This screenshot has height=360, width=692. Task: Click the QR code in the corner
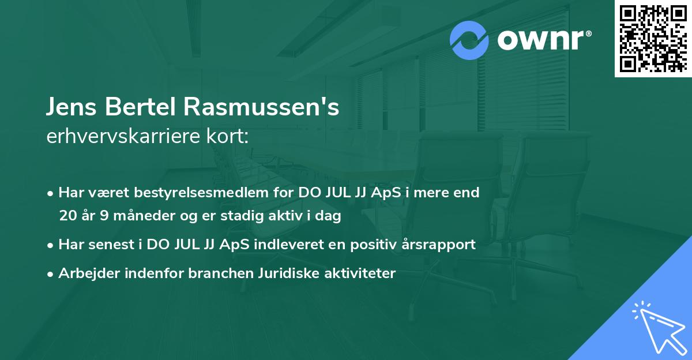[x=653, y=39]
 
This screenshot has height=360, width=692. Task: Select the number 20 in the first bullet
[x=67, y=216]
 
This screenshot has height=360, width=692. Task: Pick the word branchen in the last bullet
[x=215, y=273]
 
